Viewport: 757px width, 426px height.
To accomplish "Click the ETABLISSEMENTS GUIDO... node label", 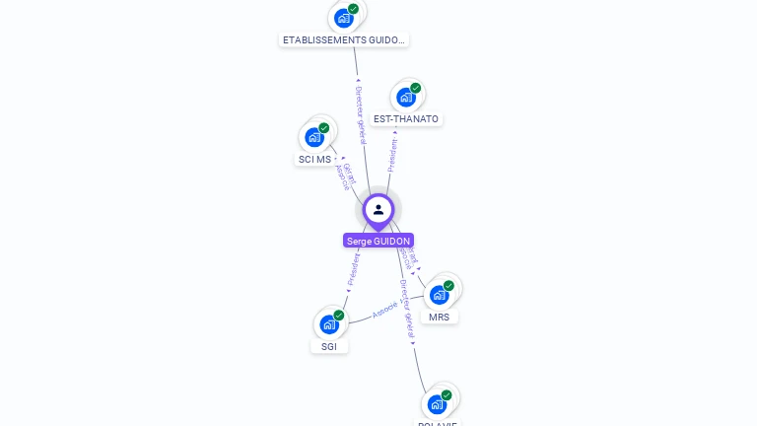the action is click(342, 40).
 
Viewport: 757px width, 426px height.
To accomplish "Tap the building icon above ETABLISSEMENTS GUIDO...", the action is click(343, 18).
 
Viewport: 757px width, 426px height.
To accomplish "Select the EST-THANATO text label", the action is click(406, 119).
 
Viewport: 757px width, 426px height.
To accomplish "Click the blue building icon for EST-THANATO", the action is click(405, 98).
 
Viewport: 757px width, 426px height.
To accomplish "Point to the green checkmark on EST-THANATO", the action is click(416, 89).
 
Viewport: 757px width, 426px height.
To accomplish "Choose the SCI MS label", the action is click(314, 160).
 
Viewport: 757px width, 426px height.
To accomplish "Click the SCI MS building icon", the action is click(314, 137).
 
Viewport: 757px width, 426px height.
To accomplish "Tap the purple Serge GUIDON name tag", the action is click(378, 241).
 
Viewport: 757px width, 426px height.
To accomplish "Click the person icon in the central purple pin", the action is click(378, 209).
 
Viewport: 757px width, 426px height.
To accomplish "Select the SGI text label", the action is click(329, 346).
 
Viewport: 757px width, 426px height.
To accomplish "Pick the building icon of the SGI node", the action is click(329, 324).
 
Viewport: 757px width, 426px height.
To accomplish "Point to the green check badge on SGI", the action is click(339, 316).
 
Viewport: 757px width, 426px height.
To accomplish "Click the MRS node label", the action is click(439, 317).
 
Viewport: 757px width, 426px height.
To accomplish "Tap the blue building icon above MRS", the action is click(439, 295).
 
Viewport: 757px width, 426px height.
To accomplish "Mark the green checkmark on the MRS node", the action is click(449, 286).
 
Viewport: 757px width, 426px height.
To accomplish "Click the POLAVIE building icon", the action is click(436, 404).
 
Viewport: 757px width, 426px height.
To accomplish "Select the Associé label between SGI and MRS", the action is click(385, 310).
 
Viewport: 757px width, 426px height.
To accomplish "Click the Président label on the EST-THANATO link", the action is click(392, 155).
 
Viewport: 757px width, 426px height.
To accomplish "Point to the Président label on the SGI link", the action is click(353, 268).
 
